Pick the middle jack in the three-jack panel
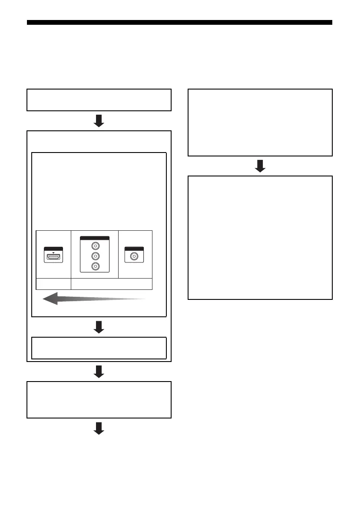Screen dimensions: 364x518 pos(94,256)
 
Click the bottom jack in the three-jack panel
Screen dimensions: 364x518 pos(94,266)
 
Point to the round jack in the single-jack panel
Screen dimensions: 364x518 pos(135,256)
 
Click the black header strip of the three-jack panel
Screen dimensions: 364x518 pos(94,238)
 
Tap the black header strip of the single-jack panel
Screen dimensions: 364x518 pos(135,249)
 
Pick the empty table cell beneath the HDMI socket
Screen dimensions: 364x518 pos(53,284)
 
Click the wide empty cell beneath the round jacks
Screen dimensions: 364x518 pos(111,284)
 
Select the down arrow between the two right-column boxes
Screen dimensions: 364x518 pos(260,166)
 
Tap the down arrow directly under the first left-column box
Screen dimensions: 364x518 pos(99,121)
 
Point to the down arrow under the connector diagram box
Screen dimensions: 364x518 pos(99,327)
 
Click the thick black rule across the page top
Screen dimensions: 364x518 pos(179,23)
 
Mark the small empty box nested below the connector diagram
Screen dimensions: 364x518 pos(99,348)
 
